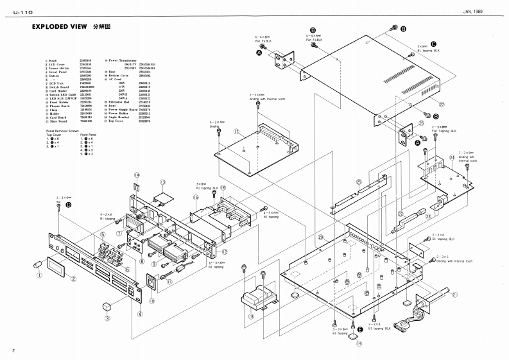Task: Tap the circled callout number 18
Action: pos(252,316)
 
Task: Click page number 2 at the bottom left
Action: pos(13,350)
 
